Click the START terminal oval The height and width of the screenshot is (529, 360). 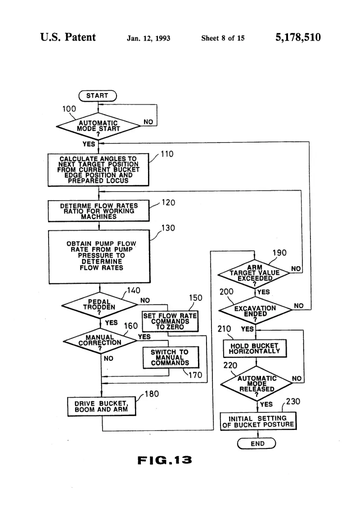pos(98,96)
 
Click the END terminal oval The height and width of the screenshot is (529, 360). pos(257,444)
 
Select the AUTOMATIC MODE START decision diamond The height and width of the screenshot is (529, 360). pos(98,126)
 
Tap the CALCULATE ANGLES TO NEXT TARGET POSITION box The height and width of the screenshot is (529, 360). pos(98,170)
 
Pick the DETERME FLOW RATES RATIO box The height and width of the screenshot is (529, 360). pos(99,211)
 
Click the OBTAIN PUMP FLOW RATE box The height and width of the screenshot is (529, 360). pos(99,256)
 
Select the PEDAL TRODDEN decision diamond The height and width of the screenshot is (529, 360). pos(99,305)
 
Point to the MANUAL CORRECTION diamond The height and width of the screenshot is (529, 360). pos(100,341)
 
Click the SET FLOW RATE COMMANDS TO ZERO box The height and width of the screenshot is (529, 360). pos(170,321)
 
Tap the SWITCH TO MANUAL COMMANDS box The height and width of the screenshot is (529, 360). pos(171,357)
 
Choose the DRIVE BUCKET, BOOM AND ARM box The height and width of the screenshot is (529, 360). pos(102,407)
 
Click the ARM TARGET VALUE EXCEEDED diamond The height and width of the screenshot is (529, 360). pos(254,273)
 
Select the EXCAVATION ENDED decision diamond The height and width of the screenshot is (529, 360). pos(256,310)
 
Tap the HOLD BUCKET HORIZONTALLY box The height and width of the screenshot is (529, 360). pos(255,349)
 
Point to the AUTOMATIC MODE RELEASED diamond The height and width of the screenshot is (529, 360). pos(257,384)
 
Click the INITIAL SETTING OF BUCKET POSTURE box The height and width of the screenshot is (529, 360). pos(258,421)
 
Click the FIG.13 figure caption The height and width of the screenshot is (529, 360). pos(165,460)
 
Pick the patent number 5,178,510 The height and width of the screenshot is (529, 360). pos(298,37)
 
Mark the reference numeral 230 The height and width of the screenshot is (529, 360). pos(293,401)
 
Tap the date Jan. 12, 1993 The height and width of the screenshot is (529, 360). pos(148,38)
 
